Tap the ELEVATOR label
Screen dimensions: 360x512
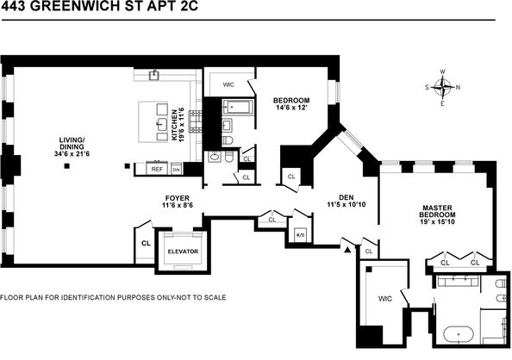point(183,251)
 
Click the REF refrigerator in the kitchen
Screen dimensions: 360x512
point(157,170)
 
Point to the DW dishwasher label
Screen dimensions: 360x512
point(176,170)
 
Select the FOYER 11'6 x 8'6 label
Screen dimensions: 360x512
point(178,202)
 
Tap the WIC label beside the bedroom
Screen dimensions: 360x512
point(228,84)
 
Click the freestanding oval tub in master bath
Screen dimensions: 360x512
point(461,331)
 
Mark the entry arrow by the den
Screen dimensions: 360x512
point(348,250)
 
